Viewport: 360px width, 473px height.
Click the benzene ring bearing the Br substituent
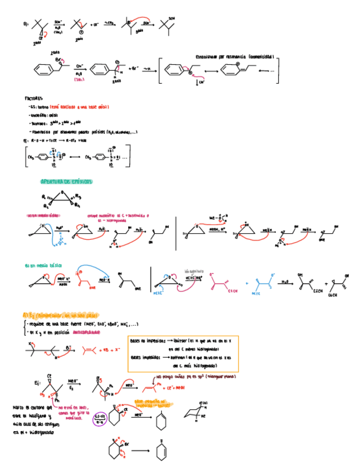[x=40, y=70]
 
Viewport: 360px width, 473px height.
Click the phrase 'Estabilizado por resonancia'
[x=220, y=56]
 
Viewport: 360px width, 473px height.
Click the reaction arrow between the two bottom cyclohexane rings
[x=140, y=451]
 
